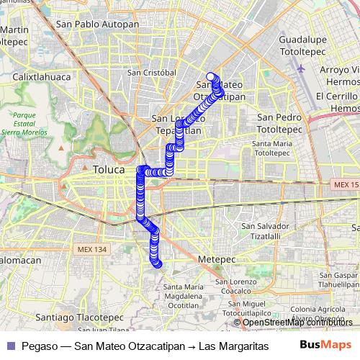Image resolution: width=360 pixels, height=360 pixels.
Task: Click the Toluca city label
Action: click(108, 170)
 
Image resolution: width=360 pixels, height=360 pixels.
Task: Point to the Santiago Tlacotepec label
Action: click(69, 317)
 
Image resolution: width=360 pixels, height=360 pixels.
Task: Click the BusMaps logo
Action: click(325, 344)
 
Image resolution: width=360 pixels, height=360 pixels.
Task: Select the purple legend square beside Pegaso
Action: click(9, 344)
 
